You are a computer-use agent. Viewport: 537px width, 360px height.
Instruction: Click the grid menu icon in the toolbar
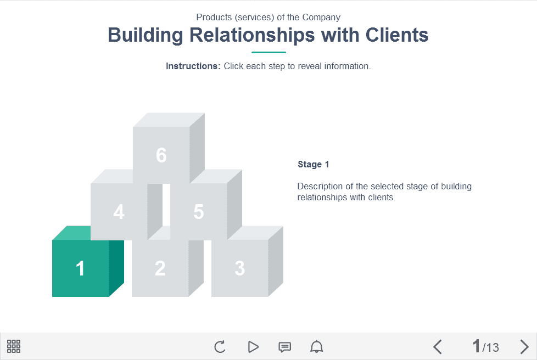click(x=14, y=346)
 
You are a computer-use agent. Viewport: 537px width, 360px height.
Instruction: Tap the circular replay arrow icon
click(x=220, y=347)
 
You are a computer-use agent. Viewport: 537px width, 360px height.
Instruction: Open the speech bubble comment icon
click(x=284, y=347)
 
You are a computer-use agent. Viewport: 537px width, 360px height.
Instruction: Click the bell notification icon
click(x=316, y=347)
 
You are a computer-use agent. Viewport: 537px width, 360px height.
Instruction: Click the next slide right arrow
click(x=524, y=347)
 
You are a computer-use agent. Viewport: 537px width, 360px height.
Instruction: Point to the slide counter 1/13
click(x=485, y=346)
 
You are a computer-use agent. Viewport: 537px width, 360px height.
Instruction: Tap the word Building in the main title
click(x=146, y=35)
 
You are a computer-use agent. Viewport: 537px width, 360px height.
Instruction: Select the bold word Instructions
click(x=193, y=66)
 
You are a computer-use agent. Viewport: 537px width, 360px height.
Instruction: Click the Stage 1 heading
click(x=314, y=164)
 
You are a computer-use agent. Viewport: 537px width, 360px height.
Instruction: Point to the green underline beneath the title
click(x=268, y=52)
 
